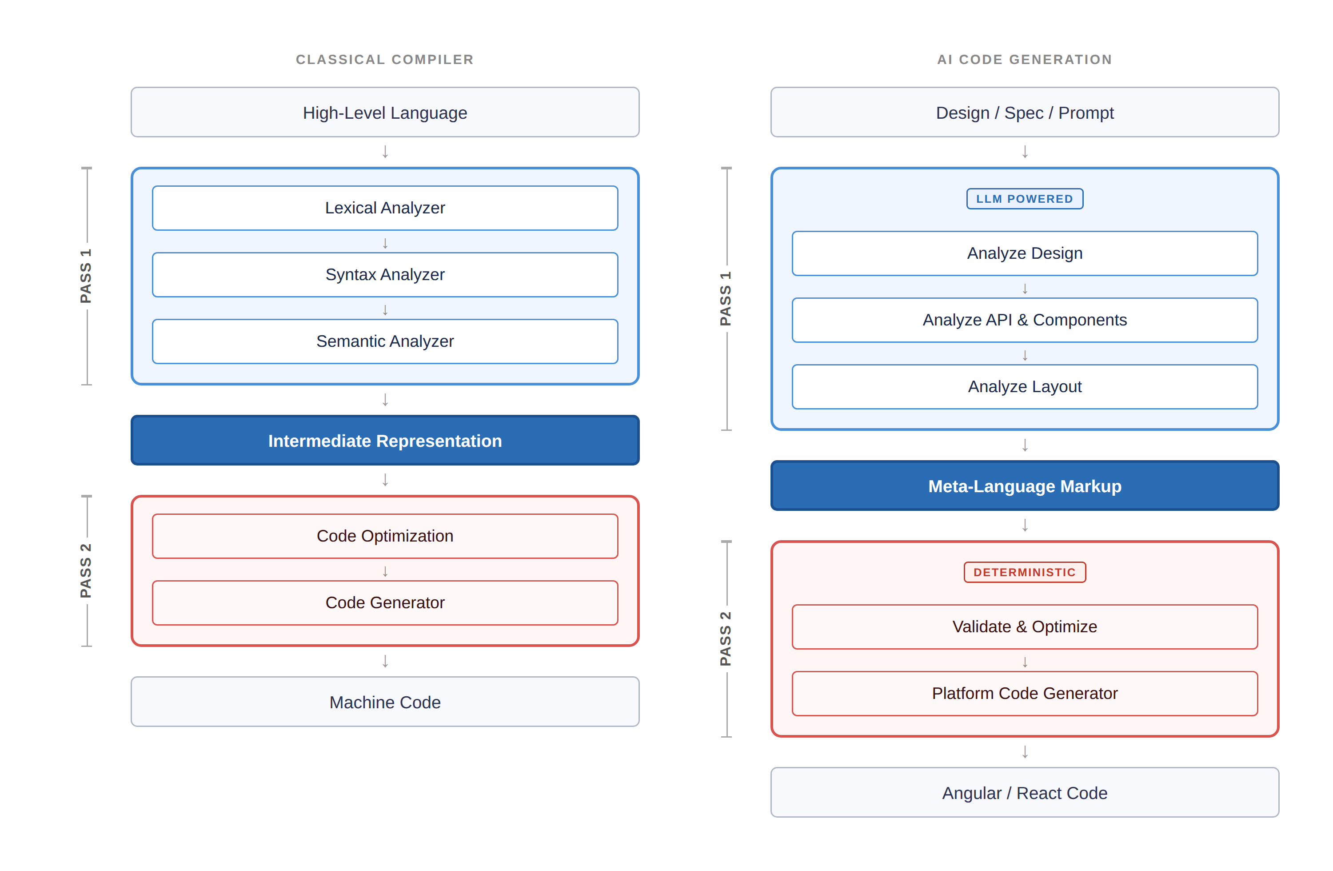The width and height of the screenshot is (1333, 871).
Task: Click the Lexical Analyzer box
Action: point(385,208)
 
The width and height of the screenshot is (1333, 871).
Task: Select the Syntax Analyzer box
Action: point(385,275)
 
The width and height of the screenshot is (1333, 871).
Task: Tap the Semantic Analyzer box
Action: point(385,341)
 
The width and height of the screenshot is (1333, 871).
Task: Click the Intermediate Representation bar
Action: point(385,441)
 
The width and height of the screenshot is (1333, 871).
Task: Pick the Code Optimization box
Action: point(385,536)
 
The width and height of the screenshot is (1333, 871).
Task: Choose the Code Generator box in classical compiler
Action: point(385,602)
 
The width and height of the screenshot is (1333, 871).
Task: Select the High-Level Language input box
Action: point(385,112)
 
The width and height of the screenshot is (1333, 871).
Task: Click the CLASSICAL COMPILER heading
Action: point(385,60)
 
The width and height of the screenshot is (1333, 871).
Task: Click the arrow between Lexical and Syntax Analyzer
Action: point(385,243)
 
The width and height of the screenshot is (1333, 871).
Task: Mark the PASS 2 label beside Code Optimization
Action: point(86,570)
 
